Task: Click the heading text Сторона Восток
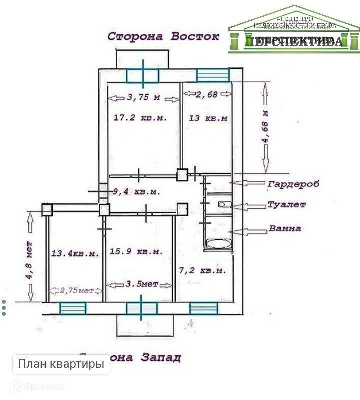[164, 37]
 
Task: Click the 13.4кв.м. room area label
[75, 254]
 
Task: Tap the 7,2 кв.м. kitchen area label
[202, 270]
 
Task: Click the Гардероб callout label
[293, 184]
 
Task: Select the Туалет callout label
[286, 205]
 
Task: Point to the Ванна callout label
[285, 229]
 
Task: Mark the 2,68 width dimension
[207, 94]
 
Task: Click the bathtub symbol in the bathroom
[218, 245]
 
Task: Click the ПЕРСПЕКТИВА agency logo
[294, 30]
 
